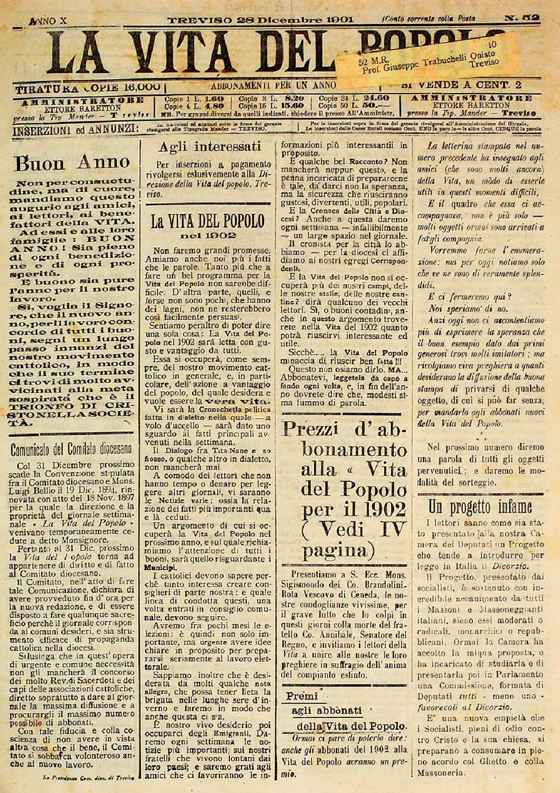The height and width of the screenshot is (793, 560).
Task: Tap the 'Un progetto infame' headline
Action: (483, 506)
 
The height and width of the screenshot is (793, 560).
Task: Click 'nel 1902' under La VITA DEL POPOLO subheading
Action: (207, 236)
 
